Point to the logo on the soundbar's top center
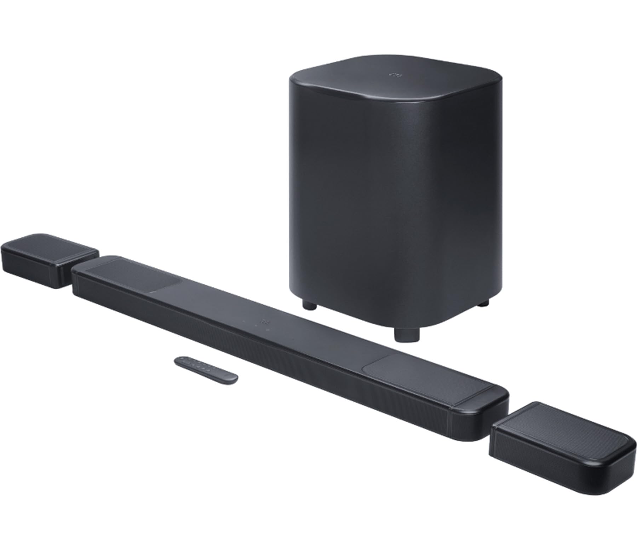coord(264,322)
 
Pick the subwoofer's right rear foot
coord(484,303)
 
